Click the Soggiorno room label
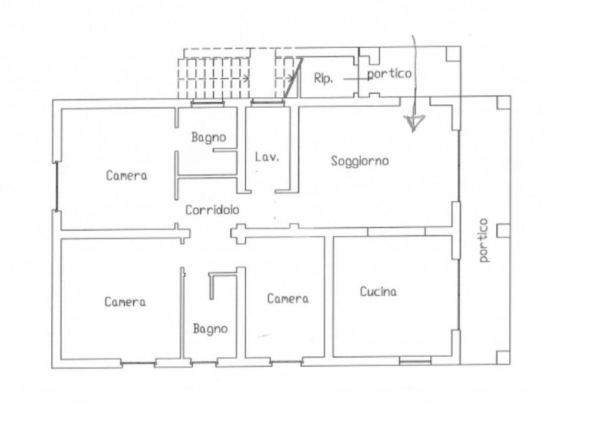pyautogui.click(x=360, y=161)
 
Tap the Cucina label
pyautogui.click(x=378, y=291)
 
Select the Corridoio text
pyautogui.click(x=212, y=210)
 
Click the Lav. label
pyautogui.click(x=267, y=157)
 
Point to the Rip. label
pyautogui.click(x=323, y=78)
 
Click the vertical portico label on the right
pyautogui.click(x=484, y=240)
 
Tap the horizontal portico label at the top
pyautogui.click(x=389, y=74)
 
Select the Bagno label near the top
pyautogui.click(x=209, y=137)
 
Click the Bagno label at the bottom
pyautogui.click(x=210, y=329)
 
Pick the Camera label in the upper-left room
pyautogui.click(x=126, y=175)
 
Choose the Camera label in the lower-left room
pyautogui.click(x=125, y=301)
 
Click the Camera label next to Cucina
pyautogui.click(x=287, y=299)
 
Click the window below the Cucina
pyautogui.click(x=415, y=360)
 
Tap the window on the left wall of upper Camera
pyautogui.click(x=57, y=186)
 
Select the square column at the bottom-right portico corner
pyautogui.click(x=503, y=357)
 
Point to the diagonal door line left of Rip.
pyautogui.click(x=293, y=78)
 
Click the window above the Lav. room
pyautogui.click(x=267, y=102)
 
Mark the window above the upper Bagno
pyautogui.click(x=208, y=102)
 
